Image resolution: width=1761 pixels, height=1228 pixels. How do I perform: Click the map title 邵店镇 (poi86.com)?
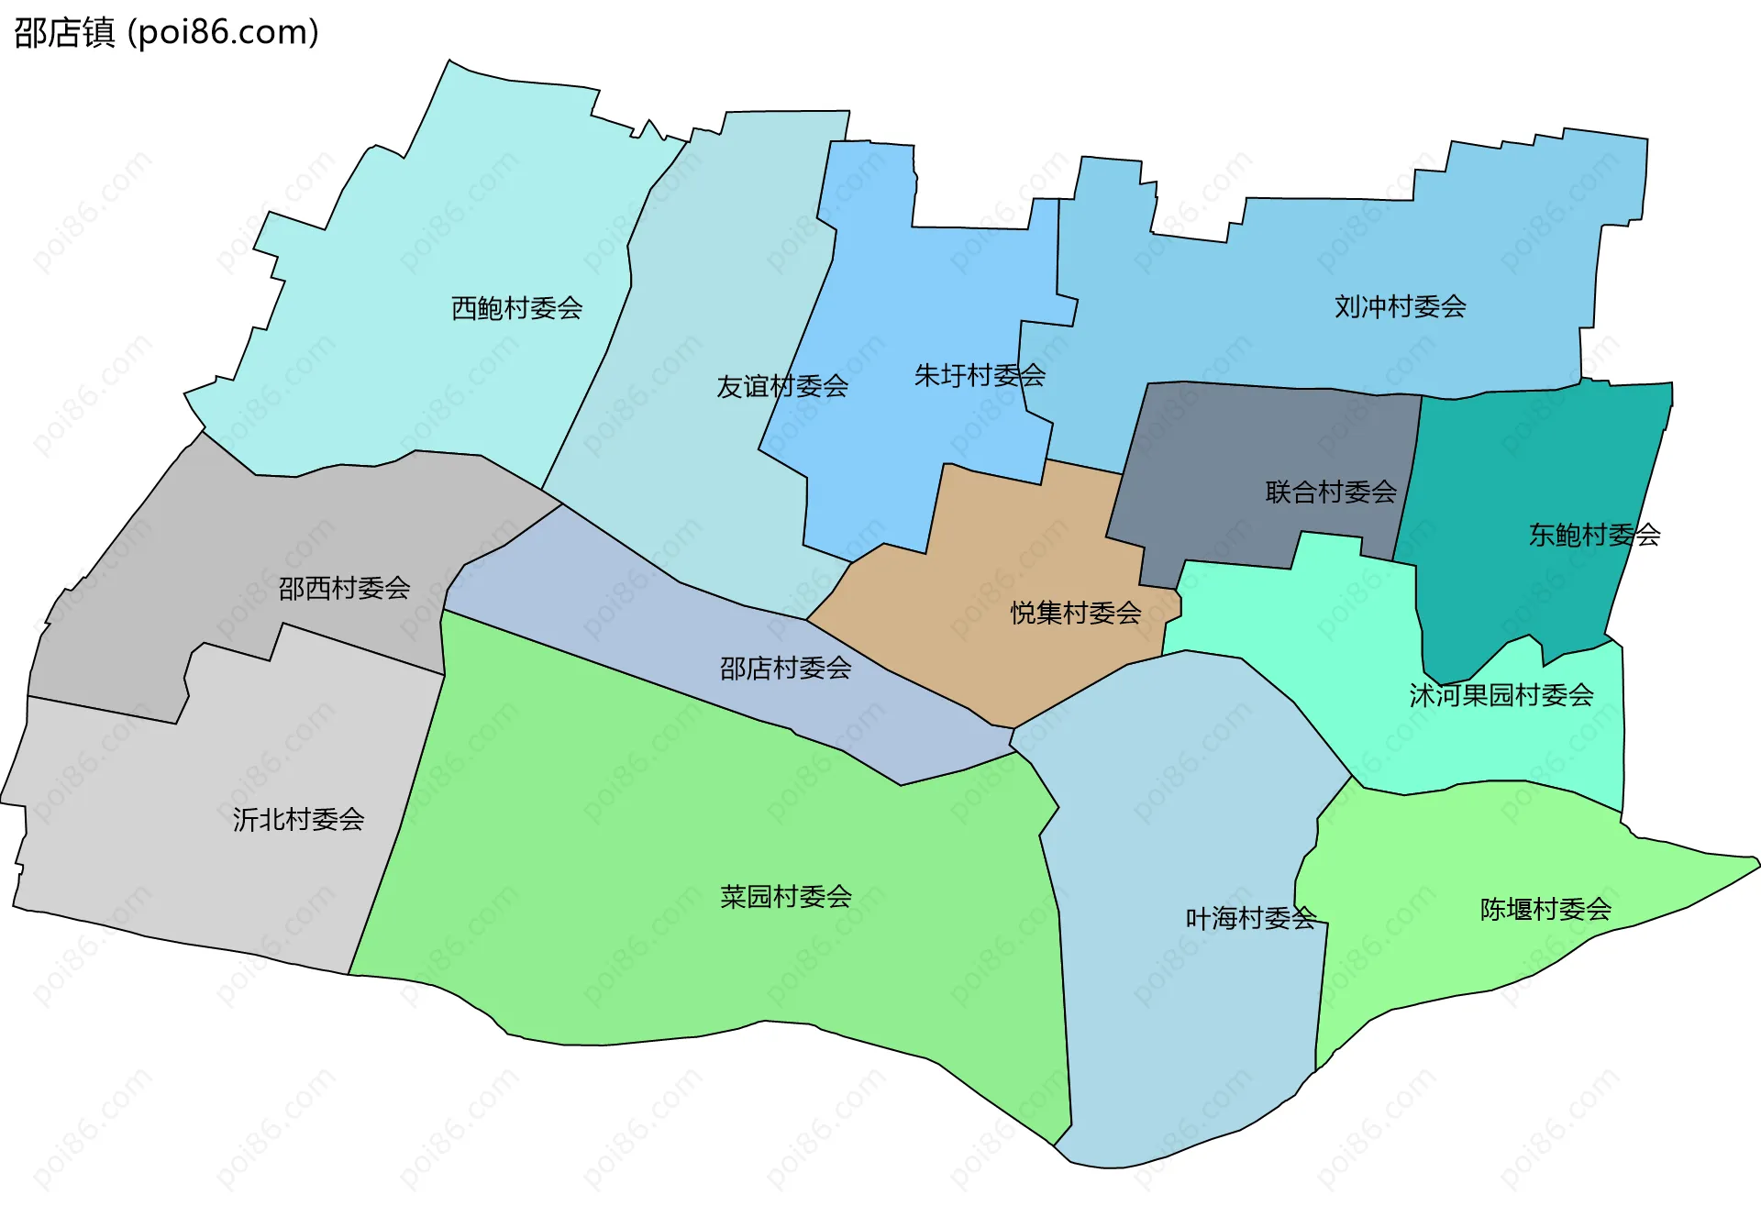pyautogui.click(x=166, y=32)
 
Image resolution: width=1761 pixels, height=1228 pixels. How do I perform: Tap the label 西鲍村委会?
pyautogui.click(x=516, y=308)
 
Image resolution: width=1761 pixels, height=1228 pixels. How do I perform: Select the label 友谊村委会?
pyautogui.click(x=781, y=386)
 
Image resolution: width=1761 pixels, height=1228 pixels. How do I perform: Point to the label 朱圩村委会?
pyautogui.click(x=980, y=375)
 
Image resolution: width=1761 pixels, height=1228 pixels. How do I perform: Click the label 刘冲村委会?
pyautogui.click(x=1400, y=306)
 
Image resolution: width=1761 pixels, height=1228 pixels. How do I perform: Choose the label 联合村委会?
pyautogui.click(x=1330, y=492)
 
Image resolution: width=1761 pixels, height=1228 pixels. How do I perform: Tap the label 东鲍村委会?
pyautogui.click(x=1594, y=535)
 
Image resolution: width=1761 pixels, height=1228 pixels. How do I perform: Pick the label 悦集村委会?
pyautogui.click(x=1076, y=613)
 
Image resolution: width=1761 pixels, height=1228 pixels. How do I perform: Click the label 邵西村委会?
pyautogui.click(x=344, y=588)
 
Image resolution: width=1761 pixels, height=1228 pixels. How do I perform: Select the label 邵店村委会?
pyautogui.click(x=785, y=669)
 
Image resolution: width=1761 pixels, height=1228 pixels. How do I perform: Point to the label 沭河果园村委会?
pyautogui.click(x=1501, y=695)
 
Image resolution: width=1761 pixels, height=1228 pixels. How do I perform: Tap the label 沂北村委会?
pyautogui.click(x=298, y=819)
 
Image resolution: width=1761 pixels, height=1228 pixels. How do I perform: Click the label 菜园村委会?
pyautogui.click(x=785, y=896)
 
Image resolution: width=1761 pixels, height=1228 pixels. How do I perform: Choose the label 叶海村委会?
pyautogui.click(x=1250, y=918)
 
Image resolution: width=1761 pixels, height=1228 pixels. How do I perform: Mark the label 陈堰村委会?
pyautogui.click(x=1545, y=909)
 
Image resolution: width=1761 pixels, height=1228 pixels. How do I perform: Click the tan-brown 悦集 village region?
pyautogui.click(x=1009, y=550)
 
